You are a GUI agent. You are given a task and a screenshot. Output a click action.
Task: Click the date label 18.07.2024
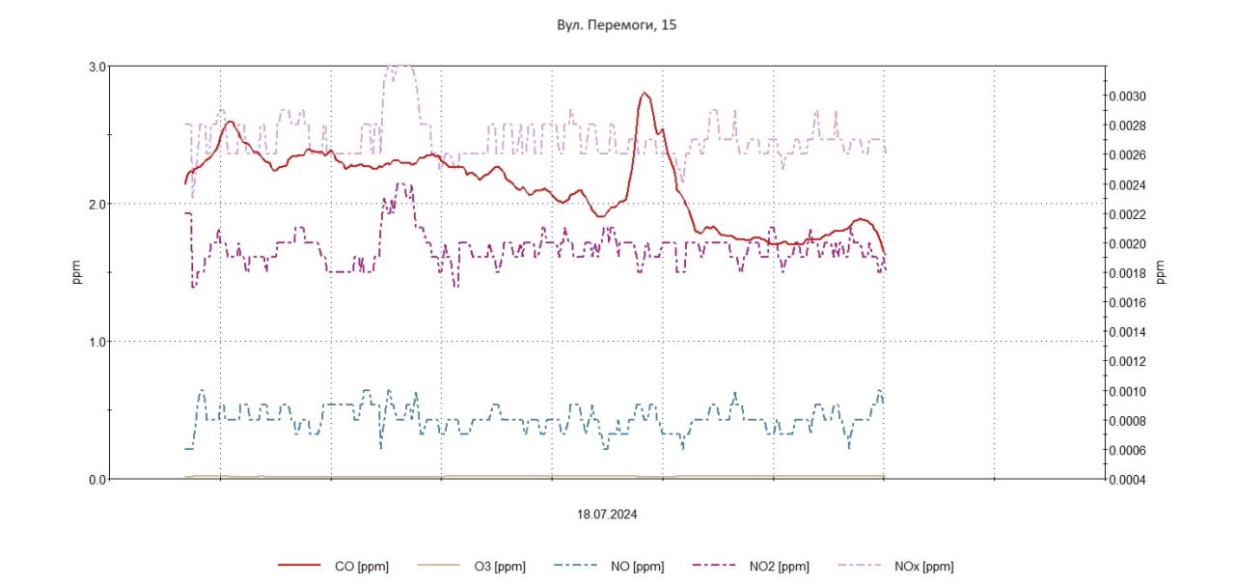pyautogui.click(x=607, y=515)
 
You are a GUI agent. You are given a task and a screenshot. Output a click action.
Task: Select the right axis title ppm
pyautogui.click(x=1161, y=273)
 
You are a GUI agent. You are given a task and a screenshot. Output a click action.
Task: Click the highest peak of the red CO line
pyautogui.click(x=645, y=94)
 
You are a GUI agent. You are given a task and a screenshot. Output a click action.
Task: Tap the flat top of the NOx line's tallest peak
pyautogui.click(x=399, y=67)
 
